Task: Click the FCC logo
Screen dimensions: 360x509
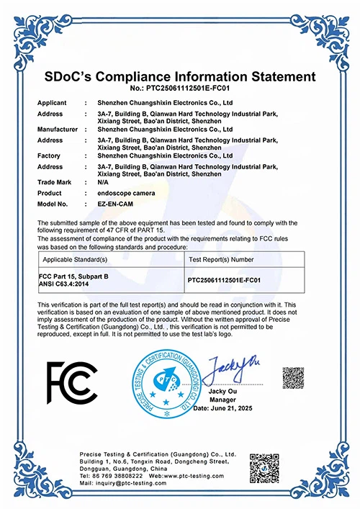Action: (x=71, y=382)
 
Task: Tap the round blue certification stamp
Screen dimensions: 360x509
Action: (x=166, y=385)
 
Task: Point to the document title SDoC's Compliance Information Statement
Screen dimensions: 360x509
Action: (x=180, y=77)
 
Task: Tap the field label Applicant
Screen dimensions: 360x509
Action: (x=52, y=104)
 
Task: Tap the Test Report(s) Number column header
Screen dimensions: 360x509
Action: (x=221, y=258)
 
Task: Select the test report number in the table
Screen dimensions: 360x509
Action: (x=228, y=278)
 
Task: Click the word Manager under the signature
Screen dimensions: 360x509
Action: (x=222, y=399)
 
